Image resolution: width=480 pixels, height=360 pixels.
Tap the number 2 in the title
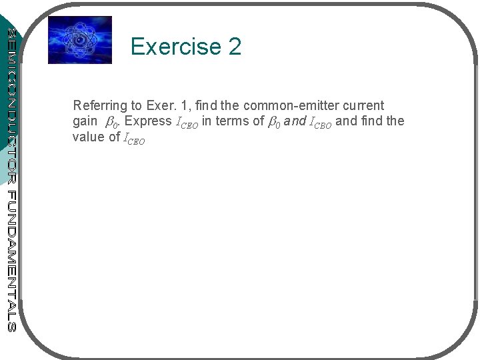pos(235,47)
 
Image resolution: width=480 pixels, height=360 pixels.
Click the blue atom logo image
pos(80,40)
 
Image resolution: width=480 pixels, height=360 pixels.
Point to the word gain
pos(85,121)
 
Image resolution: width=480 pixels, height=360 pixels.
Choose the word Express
pos(148,121)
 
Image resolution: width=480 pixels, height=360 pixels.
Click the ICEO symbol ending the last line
pos(134,139)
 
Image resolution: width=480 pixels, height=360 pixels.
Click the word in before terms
pos(207,121)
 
